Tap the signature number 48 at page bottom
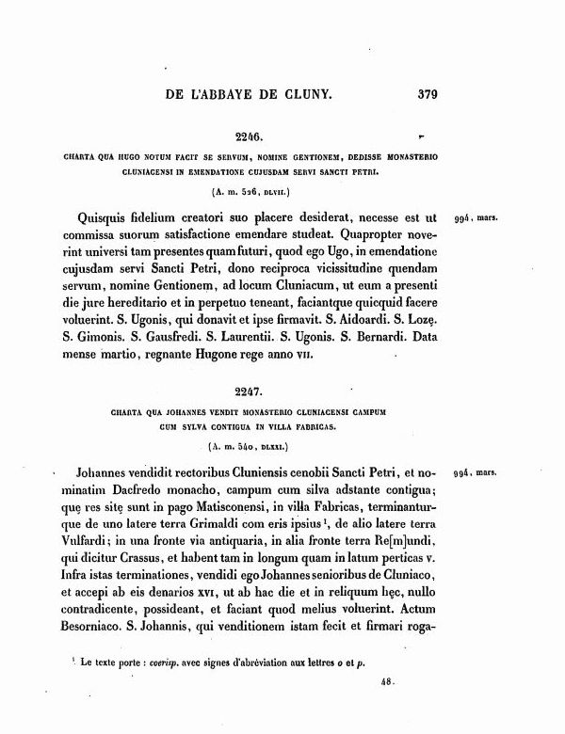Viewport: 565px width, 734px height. (385, 688)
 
